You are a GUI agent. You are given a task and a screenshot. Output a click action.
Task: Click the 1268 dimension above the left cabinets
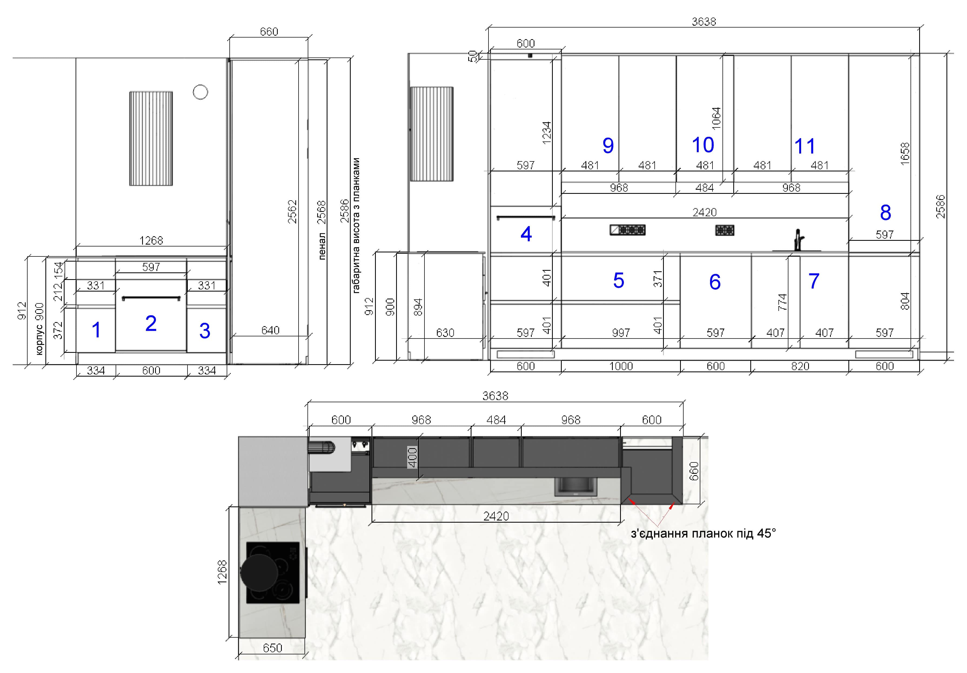pyautogui.click(x=151, y=240)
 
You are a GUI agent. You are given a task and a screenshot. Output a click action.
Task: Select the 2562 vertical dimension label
pyautogui.click(x=292, y=211)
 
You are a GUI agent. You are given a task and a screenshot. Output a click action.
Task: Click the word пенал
pyautogui.click(x=322, y=246)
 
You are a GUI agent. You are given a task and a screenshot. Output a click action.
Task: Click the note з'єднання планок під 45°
pyautogui.click(x=703, y=534)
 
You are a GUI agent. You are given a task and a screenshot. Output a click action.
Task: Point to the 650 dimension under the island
pyautogui.click(x=273, y=648)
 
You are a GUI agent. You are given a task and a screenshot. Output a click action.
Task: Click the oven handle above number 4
pyautogui.click(x=526, y=218)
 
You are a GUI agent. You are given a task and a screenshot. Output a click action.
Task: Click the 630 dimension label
pyautogui.click(x=445, y=333)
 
